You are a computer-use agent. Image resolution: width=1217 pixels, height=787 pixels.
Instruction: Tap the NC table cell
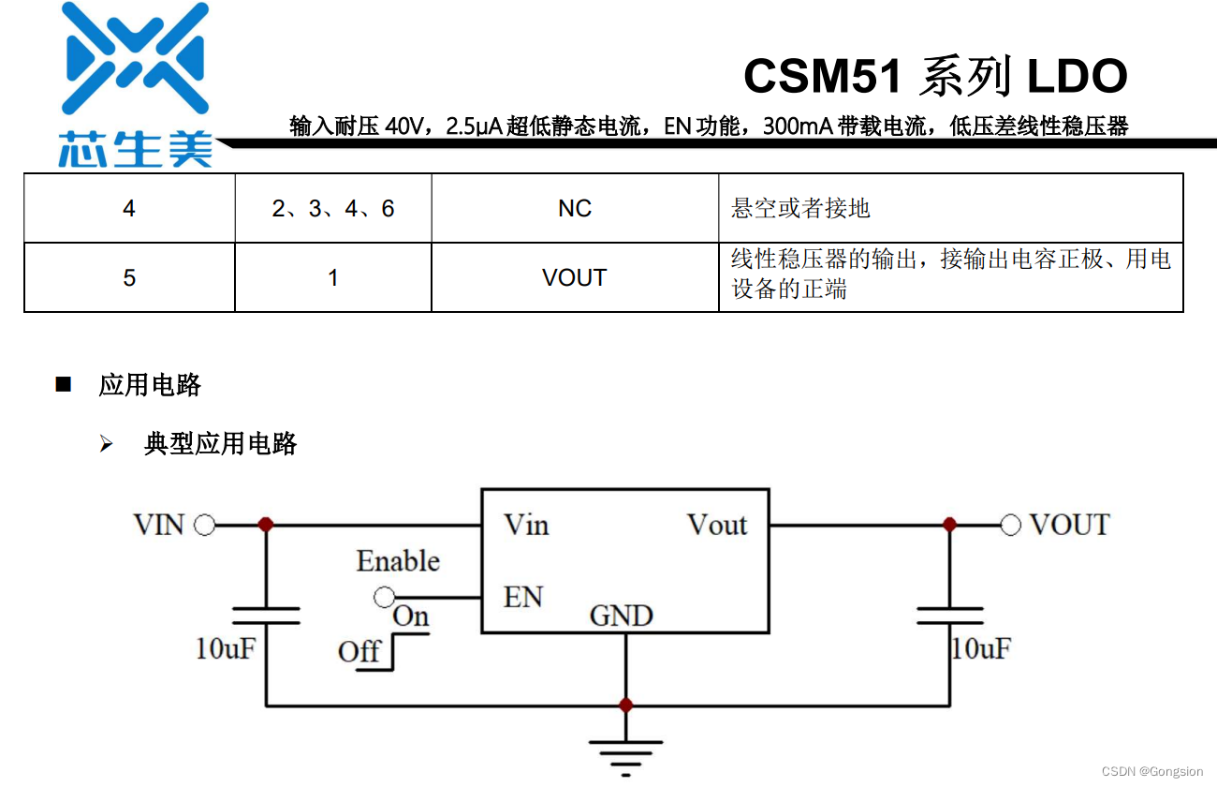pyautogui.click(x=575, y=208)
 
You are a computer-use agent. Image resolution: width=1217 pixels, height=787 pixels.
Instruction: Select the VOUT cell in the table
pyautogui.click(x=575, y=277)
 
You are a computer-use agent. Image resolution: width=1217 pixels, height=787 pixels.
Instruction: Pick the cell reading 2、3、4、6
pyautogui.click(x=333, y=208)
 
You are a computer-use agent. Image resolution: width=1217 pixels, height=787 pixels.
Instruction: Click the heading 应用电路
pyautogui.click(x=150, y=385)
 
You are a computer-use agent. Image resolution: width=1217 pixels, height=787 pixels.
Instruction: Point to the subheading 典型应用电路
pyautogui.click(x=220, y=443)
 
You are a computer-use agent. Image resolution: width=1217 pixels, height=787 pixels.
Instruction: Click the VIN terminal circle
pyautogui.click(x=204, y=525)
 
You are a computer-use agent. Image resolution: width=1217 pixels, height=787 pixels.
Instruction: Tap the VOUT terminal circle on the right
pyautogui.click(x=1010, y=525)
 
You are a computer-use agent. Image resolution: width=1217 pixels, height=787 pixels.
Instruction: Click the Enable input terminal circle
pyautogui.click(x=383, y=596)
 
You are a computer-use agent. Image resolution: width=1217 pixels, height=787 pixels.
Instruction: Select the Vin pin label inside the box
pyautogui.click(x=526, y=525)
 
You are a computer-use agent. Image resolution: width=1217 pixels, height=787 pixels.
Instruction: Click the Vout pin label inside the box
pyautogui.click(x=717, y=525)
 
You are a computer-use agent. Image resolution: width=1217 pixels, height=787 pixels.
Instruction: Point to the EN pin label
pyautogui.click(x=522, y=597)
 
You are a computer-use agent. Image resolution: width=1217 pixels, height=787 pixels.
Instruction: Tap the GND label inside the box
pyautogui.click(x=622, y=616)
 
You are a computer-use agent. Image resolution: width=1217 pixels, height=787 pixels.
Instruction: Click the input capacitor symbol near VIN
pyautogui.click(x=266, y=616)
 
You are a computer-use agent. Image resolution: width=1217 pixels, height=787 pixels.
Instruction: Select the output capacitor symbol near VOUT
pyautogui.click(x=950, y=616)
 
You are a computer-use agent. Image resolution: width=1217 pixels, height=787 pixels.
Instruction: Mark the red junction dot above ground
pyautogui.click(x=625, y=705)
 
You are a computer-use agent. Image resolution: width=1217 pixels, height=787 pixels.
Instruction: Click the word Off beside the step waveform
pyautogui.click(x=359, y=651)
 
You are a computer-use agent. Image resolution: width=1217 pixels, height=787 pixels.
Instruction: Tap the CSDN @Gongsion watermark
pyautogui.click(x=1151, y=771)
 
